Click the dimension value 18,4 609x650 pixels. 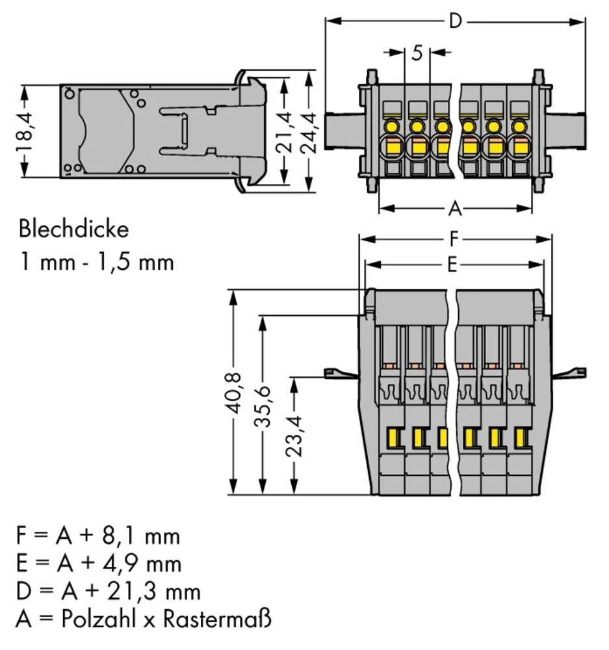25,131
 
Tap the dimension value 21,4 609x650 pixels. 284,131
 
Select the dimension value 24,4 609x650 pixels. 309,131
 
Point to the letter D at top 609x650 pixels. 456,21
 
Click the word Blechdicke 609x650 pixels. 73,229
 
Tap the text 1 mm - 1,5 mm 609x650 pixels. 96,262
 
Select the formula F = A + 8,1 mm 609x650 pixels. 97,537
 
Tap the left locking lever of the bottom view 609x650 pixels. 340,373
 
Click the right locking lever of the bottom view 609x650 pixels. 569,373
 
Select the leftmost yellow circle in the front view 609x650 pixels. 392,126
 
